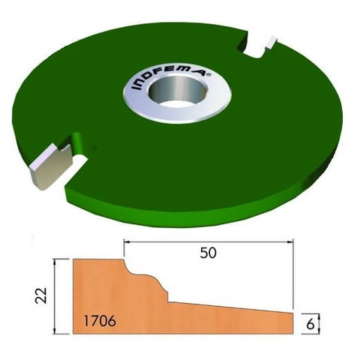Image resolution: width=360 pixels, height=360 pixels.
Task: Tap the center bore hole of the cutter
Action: pos(177,93)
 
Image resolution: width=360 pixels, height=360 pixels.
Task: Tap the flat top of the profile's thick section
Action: pos(97,261)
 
